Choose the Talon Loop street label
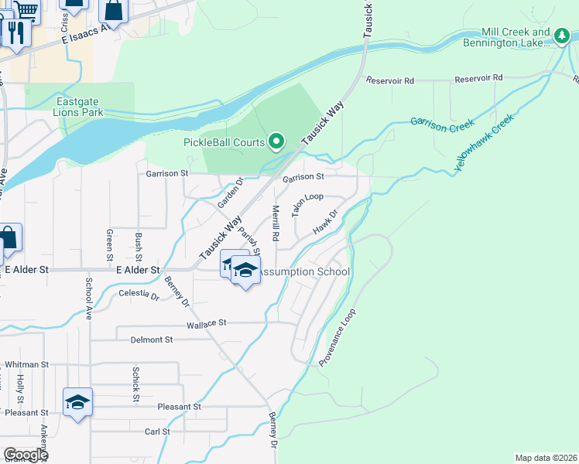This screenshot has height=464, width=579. tap(307, 203)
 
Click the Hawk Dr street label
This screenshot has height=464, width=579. tap(326, 222)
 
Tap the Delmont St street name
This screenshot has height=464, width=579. tap(152, 339)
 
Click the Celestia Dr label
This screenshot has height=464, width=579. tap(139, 295)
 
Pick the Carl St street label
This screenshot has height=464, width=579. tap(157, 432)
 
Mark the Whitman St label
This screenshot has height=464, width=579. tap(26, 363)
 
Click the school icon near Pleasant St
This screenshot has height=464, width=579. tap(77, 402)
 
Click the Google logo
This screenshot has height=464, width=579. tap(26, 455)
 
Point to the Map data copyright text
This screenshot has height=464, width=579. tap(546, 457)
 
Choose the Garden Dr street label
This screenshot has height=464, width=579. tap(230, 192)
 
